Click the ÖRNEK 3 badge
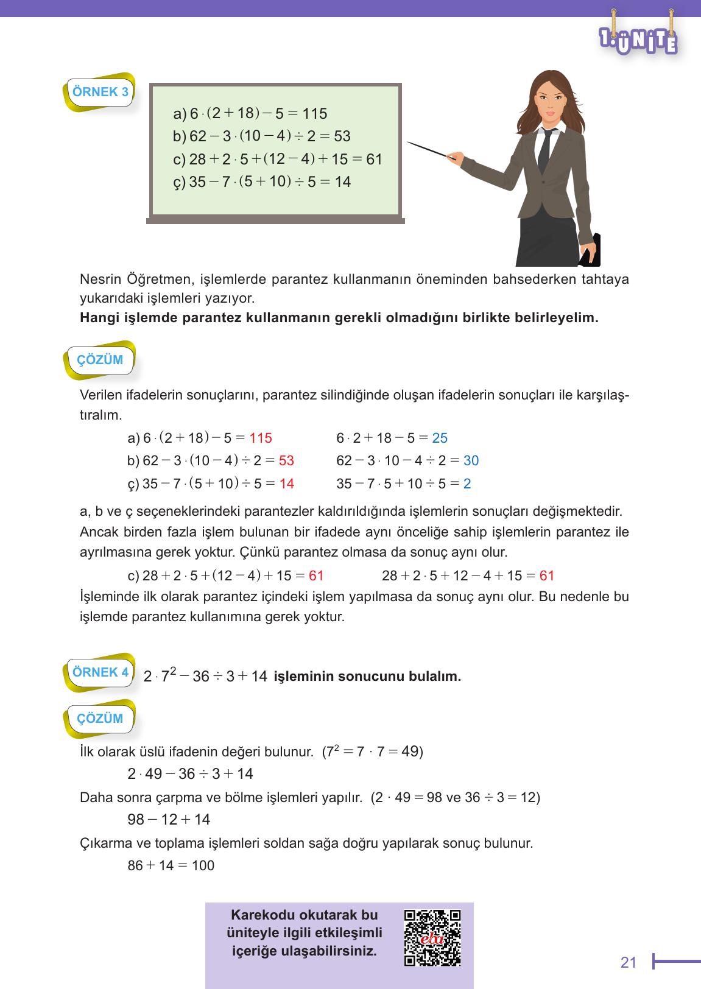(100, 93)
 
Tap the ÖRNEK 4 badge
(100, 673)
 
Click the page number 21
(628, 963)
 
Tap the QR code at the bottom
(432, 938)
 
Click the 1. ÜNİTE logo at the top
(638, 37)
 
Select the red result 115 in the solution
(261, 438)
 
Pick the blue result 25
(440, 438)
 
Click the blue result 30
(471, 461)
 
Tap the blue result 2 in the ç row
(467, 484)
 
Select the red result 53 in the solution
(286, 461)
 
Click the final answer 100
(203, 865)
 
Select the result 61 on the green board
(374, 160)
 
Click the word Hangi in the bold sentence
(96, 318)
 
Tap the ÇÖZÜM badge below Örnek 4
(100, 719)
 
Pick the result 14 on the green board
(343, 182)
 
